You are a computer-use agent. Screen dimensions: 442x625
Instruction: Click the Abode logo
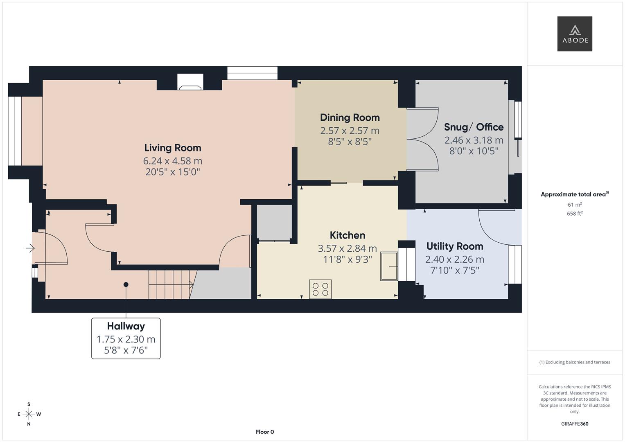coord(574,34)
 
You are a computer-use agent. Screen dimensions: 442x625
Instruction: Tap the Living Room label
coord(172,148)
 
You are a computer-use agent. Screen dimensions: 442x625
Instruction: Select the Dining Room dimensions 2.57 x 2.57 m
coord(350,131)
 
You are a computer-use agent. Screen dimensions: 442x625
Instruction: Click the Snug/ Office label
coord(474,127)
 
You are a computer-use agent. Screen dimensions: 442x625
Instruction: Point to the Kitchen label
coord(347,235)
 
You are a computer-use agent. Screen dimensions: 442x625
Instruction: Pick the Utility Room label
coord(454,246)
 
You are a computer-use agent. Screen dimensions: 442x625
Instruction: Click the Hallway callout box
coord(126,338)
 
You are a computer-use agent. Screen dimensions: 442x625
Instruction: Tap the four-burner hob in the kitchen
coord(320,289)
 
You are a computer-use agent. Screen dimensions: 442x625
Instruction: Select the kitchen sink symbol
coord(389,266)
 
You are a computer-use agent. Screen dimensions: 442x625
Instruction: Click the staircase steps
coord(169,284)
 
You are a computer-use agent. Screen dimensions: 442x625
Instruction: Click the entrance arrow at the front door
coord(30,248)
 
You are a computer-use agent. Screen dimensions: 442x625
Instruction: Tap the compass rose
coord(29,414)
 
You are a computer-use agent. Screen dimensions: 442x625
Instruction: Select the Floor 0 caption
coord(264,432)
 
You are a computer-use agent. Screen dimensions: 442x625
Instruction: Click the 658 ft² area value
coord(574,214)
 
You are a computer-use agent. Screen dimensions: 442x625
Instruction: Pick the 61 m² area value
coord(574,205)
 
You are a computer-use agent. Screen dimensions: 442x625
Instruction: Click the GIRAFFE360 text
coord(574,424)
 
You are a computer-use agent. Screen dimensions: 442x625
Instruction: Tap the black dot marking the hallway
coord(126,284)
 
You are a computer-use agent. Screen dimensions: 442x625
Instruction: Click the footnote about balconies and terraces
coord(574,362)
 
